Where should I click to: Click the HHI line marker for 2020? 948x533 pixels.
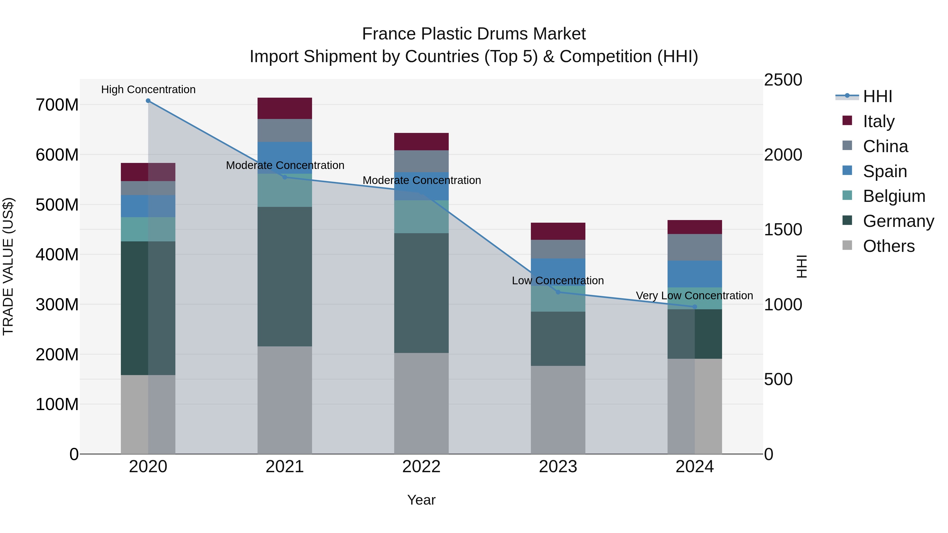coord(148,101)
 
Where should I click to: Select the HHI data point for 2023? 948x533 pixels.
coord(558,292)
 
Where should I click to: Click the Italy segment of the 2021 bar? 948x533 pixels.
coord(284,108)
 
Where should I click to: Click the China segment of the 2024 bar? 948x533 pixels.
coord(694,247)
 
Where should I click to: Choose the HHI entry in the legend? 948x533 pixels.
coord(877,96)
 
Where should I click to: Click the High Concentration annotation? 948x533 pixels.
coord(148,90)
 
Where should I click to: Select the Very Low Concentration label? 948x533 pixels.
coord(694,296)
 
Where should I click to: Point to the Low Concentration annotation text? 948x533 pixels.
coord(558,281)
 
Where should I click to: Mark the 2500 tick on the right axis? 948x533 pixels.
coord(783,80)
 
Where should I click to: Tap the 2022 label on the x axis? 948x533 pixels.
coord(421,467)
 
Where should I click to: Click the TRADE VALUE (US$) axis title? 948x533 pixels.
coord(8,266)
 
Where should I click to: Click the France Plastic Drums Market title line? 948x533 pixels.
coord(474,34)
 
